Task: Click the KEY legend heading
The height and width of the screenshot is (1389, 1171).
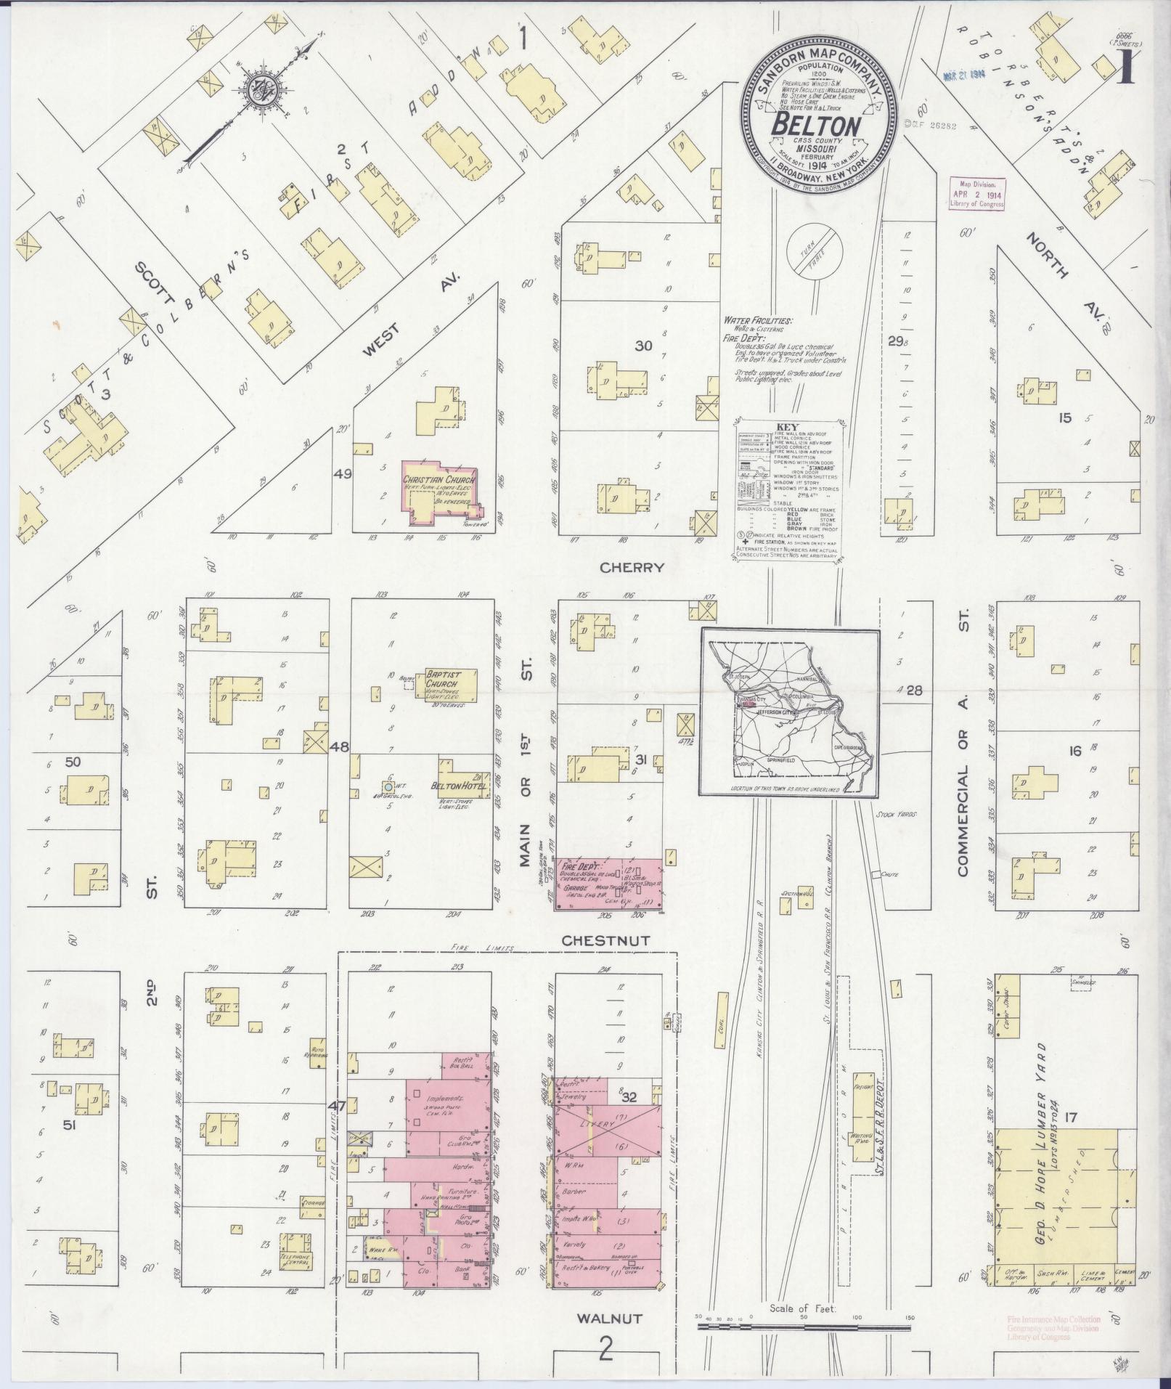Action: (x=787, y=427)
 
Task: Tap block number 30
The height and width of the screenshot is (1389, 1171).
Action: (x=643, y=346)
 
